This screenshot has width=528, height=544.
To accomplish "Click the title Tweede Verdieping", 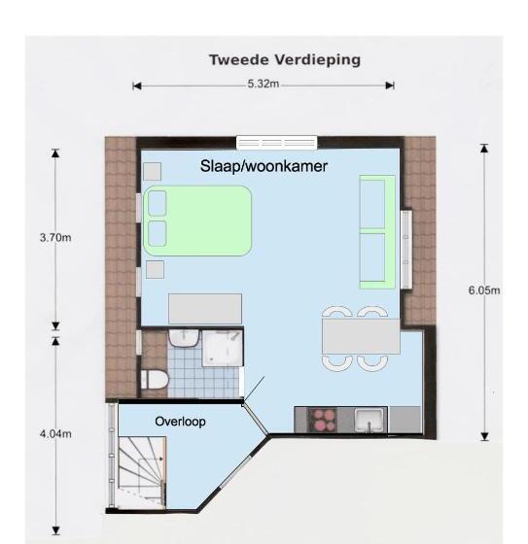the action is [x=285, y=60].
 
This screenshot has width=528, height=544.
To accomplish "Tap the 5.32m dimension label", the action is [x=264, y=84].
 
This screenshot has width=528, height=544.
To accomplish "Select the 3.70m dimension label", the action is [x=55, y=238].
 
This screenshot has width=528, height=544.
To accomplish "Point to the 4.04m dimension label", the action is [x=55, y=433].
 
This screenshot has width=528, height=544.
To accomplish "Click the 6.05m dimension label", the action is [x=484, y=290].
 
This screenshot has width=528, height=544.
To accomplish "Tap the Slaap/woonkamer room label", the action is [x=264, y=166].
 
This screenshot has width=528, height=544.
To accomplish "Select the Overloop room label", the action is [x=180, y=422].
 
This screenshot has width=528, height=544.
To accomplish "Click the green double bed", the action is [x=197, y=221].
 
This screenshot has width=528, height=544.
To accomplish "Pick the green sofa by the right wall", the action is [x=377, y=232].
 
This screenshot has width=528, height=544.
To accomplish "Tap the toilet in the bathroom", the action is [x=155, y=380].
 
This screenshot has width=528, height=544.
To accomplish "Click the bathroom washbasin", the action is [x=184, y=338].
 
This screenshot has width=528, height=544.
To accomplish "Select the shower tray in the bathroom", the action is [x=223, y=348].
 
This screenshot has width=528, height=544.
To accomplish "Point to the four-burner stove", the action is [x=322, y=420].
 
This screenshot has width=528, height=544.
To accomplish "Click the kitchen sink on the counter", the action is [x=369, y=420].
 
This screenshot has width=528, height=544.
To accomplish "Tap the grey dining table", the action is [x=361, y=336].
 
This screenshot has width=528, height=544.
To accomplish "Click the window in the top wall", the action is [x=277, y=143].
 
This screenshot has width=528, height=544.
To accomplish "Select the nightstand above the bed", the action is [x=152, y=171].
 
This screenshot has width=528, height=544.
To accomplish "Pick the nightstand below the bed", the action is [x=155, y=270].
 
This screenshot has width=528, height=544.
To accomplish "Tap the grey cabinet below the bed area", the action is [x=205, y=309].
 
